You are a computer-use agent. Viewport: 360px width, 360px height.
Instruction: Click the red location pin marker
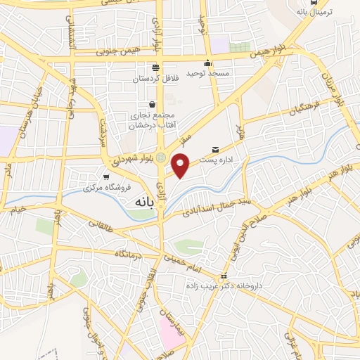click(x=181, y=166)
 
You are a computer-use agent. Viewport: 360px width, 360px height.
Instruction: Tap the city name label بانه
click(x=139, y=201)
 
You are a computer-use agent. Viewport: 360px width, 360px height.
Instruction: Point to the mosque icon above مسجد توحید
click(x=207, y=64)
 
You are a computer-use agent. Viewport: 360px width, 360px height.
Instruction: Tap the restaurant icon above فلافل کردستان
click(x=155, y=68)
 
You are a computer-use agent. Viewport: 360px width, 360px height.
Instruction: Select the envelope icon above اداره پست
click(x=214, y=150)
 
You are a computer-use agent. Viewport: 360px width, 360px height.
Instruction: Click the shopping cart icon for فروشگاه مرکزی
click(x=106, y=177)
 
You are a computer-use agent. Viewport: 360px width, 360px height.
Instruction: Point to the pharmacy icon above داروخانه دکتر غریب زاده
click(x=224, y=275)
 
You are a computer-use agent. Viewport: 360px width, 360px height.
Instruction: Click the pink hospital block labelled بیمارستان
click(x=172, y=330)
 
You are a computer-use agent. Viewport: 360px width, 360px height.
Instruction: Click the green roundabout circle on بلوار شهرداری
click(x=161, y=157)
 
